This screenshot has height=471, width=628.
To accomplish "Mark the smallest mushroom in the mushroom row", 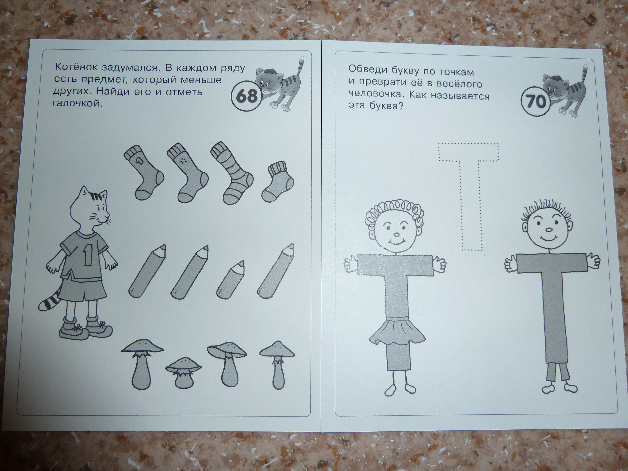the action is pos(183,373).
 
